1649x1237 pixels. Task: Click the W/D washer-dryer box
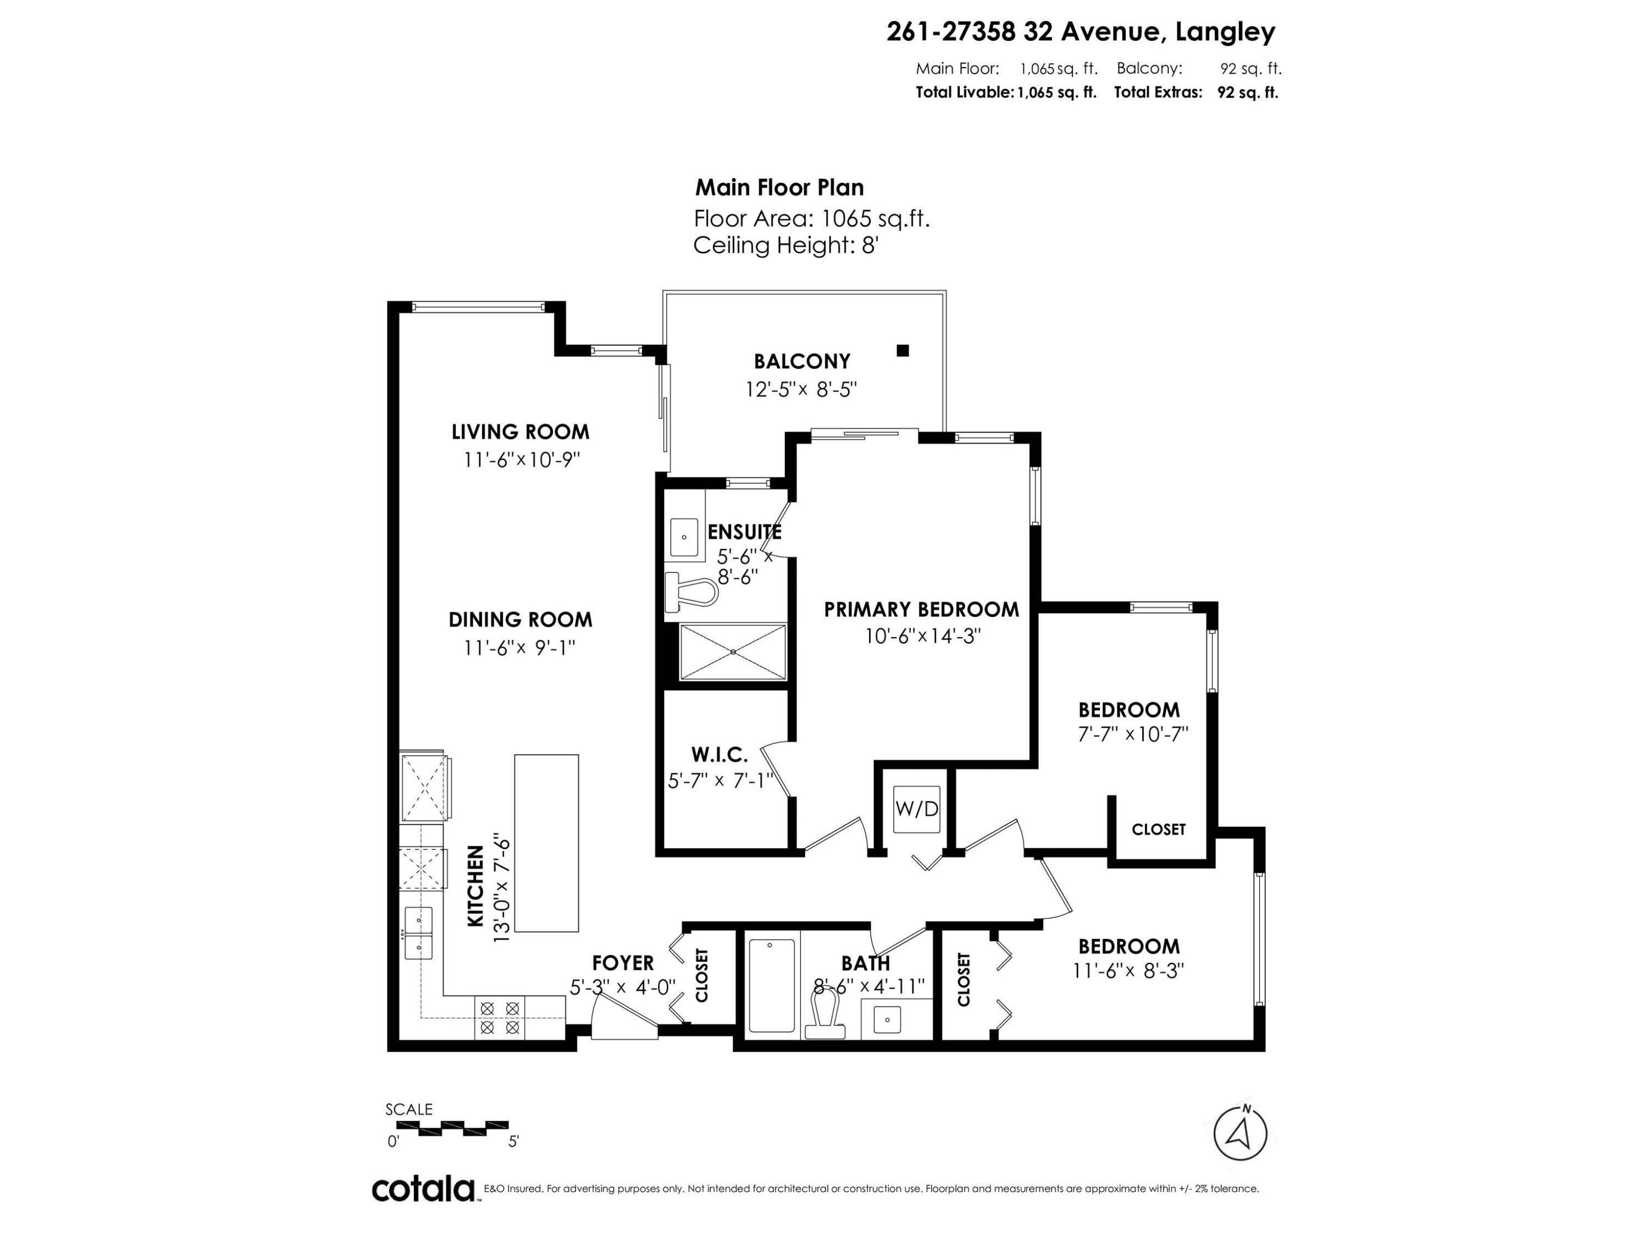point(916,809)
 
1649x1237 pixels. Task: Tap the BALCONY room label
point(801,362)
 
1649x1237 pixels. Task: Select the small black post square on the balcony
point(903,350)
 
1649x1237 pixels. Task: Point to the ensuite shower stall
point(733,651)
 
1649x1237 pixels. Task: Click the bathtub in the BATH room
point(772,985)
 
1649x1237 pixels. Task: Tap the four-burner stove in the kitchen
point(500,1018)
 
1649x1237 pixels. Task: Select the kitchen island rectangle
point(546,843)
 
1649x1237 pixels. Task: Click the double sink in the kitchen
point(418,934)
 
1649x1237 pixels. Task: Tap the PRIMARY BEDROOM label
point(921,609)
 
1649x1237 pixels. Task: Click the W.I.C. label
point(718,755)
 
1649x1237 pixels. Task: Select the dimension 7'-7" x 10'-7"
point(1132,735)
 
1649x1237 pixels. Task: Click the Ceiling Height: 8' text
point(785,245)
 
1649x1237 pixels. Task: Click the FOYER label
point(622,963)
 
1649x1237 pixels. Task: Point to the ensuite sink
point(684,537)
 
